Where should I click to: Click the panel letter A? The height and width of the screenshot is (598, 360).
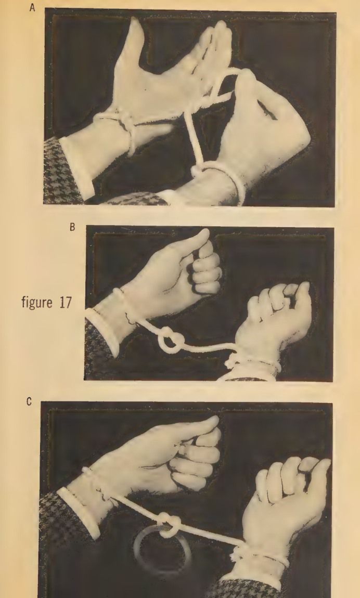tap(32, 8)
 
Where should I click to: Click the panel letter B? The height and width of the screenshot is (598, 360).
tap(72, 227)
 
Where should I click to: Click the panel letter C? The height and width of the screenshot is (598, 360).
tap(29, 402)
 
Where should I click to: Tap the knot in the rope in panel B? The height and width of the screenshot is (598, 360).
tap(169, 342)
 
